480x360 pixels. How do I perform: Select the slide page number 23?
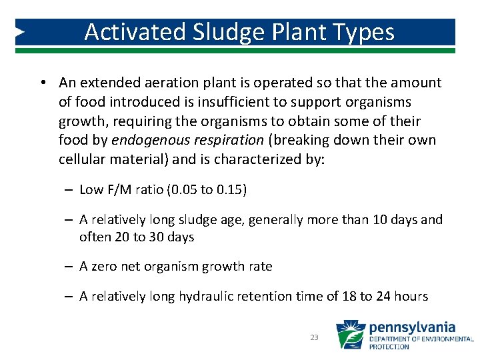tap(315, 338)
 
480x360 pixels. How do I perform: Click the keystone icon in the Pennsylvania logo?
tap(351, 335)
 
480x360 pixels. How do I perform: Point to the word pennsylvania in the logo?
tap(412, 327)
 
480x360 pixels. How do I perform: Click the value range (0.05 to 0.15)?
tap(207, 190)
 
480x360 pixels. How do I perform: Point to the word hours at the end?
tap(411, 297)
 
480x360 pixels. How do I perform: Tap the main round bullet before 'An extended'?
tap(42, 83)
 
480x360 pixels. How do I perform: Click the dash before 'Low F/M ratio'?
tap(69, 190)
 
